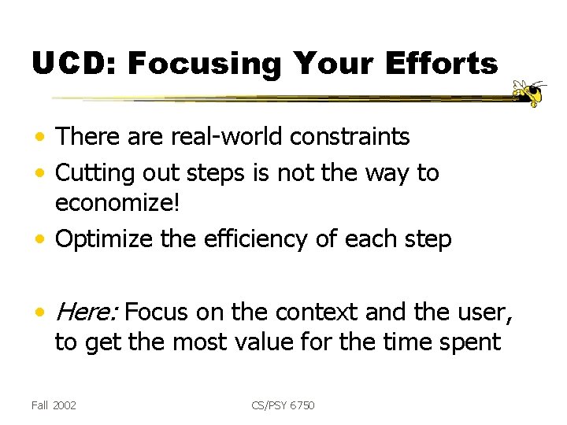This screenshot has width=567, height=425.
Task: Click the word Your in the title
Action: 326,63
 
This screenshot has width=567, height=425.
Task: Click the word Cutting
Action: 94,172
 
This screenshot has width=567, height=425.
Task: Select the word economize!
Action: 117,204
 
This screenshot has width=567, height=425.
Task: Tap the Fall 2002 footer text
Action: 54,405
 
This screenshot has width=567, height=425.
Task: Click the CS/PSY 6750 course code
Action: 283,405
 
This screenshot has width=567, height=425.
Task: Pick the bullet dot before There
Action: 40,139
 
